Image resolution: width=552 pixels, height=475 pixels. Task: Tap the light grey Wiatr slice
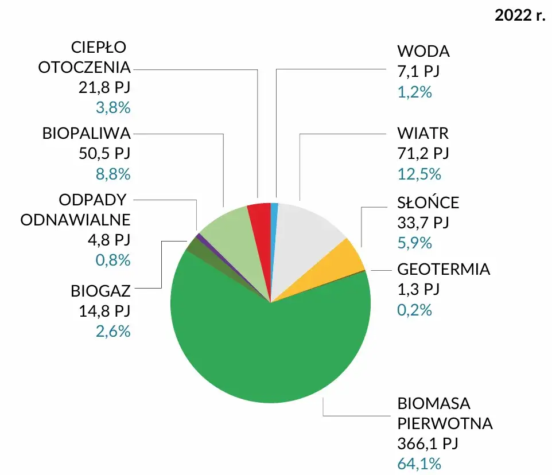tap(307, 224)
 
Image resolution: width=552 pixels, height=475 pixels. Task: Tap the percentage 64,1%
tap(419, 464)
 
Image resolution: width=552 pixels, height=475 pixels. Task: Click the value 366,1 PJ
tap(427, 443)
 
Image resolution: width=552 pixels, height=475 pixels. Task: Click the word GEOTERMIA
tap(444, 269)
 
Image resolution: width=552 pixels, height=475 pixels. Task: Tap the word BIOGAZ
tap(101, 291)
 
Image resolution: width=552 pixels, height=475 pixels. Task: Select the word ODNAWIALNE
tap(76, 220)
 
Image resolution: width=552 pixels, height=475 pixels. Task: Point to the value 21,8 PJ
tap(104, 87)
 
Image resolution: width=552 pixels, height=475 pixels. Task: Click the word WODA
tap(423, 52)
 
